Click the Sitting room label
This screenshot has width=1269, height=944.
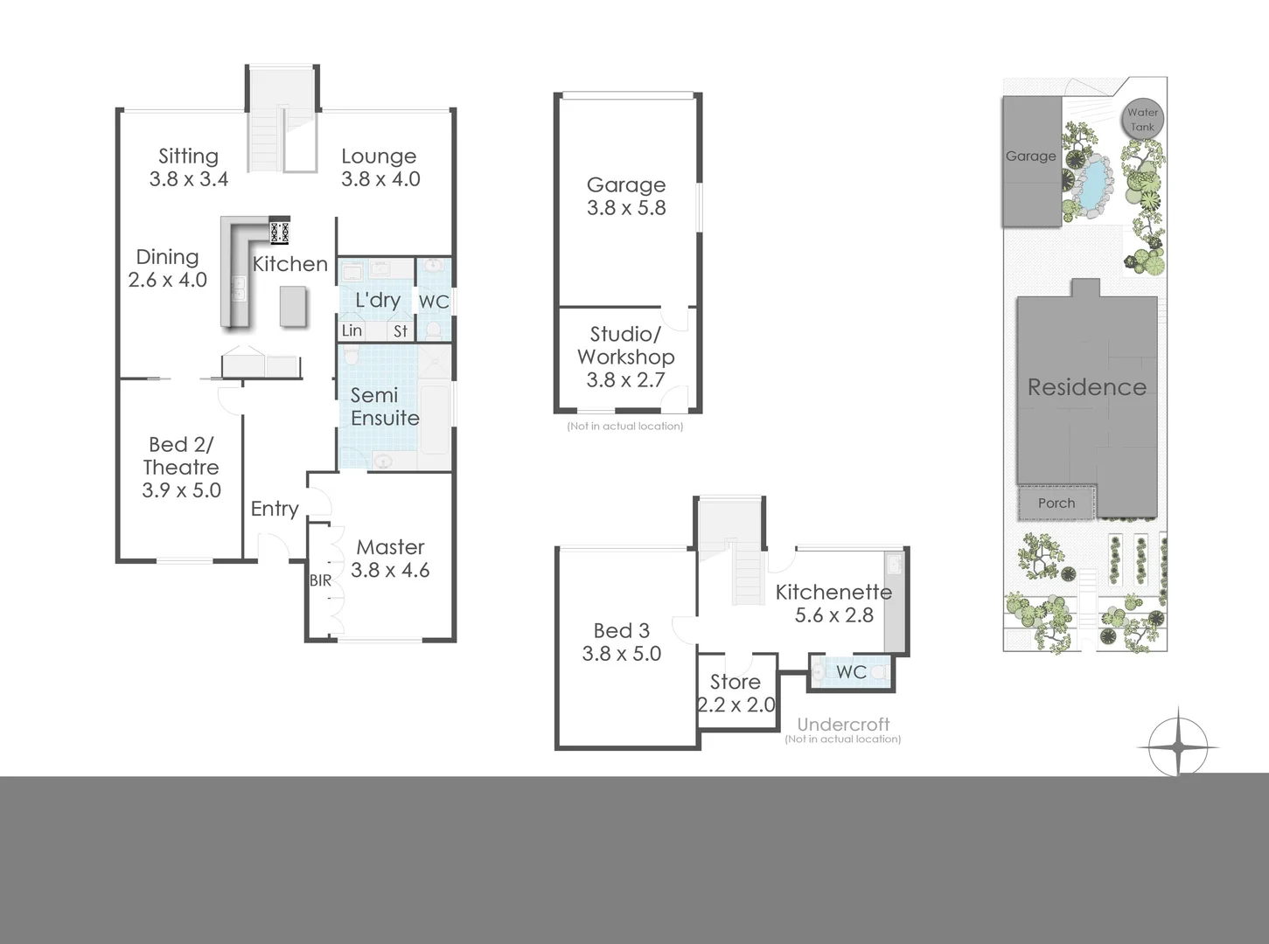(188, 156)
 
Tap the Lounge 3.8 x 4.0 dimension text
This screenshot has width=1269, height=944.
(380, 179)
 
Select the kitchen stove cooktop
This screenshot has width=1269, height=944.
(279, 233)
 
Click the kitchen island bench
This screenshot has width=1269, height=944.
(293, 307)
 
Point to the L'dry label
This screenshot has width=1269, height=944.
(377, 300)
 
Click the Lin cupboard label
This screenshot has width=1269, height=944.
(352, 330)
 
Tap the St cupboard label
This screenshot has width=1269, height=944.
(401, 331)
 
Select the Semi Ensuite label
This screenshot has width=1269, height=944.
(384, 406)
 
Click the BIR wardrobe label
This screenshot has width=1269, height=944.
(320, 580)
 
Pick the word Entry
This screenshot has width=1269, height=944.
(275, 509)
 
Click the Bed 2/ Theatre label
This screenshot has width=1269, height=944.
(181, 456)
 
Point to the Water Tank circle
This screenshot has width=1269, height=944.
(1142, 119)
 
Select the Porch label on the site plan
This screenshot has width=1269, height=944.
(1056, 503)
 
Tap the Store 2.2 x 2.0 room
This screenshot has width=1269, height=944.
(736, 693)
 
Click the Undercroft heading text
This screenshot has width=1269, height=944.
(843, 725)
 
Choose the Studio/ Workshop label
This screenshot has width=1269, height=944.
(626, 345)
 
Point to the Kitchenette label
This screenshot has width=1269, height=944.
(833, 592)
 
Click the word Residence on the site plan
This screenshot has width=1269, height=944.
(1086, 387)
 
